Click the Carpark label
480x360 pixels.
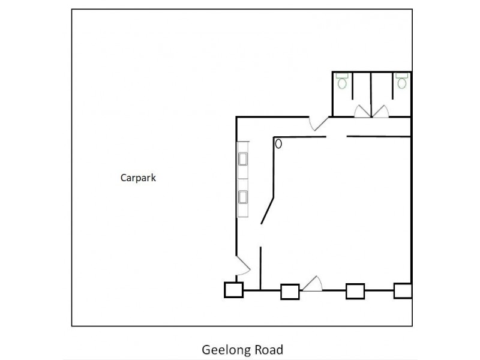point(138,178)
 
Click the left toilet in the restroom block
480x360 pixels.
point(343,81)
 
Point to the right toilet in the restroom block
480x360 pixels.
point(401,81)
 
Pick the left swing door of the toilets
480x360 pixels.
point(362,112)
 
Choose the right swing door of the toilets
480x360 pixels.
point(380,112)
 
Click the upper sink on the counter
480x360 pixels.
point(244,160)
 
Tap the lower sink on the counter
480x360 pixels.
point(244,197)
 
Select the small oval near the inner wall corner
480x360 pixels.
point(278,143)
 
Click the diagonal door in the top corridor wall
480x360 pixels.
point(319,123)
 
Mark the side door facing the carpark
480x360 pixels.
point(242,265)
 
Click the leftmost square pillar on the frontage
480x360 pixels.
point(233,290)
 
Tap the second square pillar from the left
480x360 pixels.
point(290,292)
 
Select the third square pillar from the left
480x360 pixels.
point(355,292)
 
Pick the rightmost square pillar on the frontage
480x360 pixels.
point(403,291)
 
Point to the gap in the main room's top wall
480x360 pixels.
point(337,137)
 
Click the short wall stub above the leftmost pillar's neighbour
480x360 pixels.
point(260,268)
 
